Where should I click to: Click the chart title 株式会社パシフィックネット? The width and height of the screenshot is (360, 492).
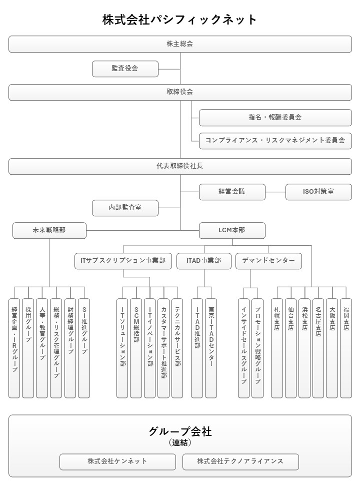tap(180, 20)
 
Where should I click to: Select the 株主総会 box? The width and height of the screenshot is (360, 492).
tap(180, 44)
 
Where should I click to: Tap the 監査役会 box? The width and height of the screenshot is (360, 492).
tap(125, 69)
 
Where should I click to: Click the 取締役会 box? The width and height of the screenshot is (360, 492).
tap(180, 92)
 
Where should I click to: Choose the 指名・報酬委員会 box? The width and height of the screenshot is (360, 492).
tap(275, 118)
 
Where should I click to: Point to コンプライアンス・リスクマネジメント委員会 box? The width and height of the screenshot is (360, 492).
tap(275, 141)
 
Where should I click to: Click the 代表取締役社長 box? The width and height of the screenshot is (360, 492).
tap(180, 166)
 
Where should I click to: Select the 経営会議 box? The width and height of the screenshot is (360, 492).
tap(232, 192)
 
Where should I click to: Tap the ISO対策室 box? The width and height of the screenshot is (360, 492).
tap(318, 192)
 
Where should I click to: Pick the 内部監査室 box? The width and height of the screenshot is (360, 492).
tap(125, 208)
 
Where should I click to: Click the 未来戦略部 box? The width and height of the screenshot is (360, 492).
tap(49, 230)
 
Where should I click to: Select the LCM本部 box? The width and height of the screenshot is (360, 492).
tap(232, 230)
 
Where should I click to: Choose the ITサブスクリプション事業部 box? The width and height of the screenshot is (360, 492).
tap(123, 261)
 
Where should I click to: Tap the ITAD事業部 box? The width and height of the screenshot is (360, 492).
tap(203, 261)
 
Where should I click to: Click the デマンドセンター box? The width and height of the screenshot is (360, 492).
tap(268, 261)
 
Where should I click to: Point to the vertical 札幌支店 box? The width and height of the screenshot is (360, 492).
tap(277, 348)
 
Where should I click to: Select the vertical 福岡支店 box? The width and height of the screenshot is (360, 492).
tap(346, 348)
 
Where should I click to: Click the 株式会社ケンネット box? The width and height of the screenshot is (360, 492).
tap(117, 461)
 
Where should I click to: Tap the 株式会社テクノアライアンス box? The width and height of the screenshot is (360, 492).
tap(240, 461)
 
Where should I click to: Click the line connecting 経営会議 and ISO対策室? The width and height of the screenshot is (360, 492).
tap(275, 192)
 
